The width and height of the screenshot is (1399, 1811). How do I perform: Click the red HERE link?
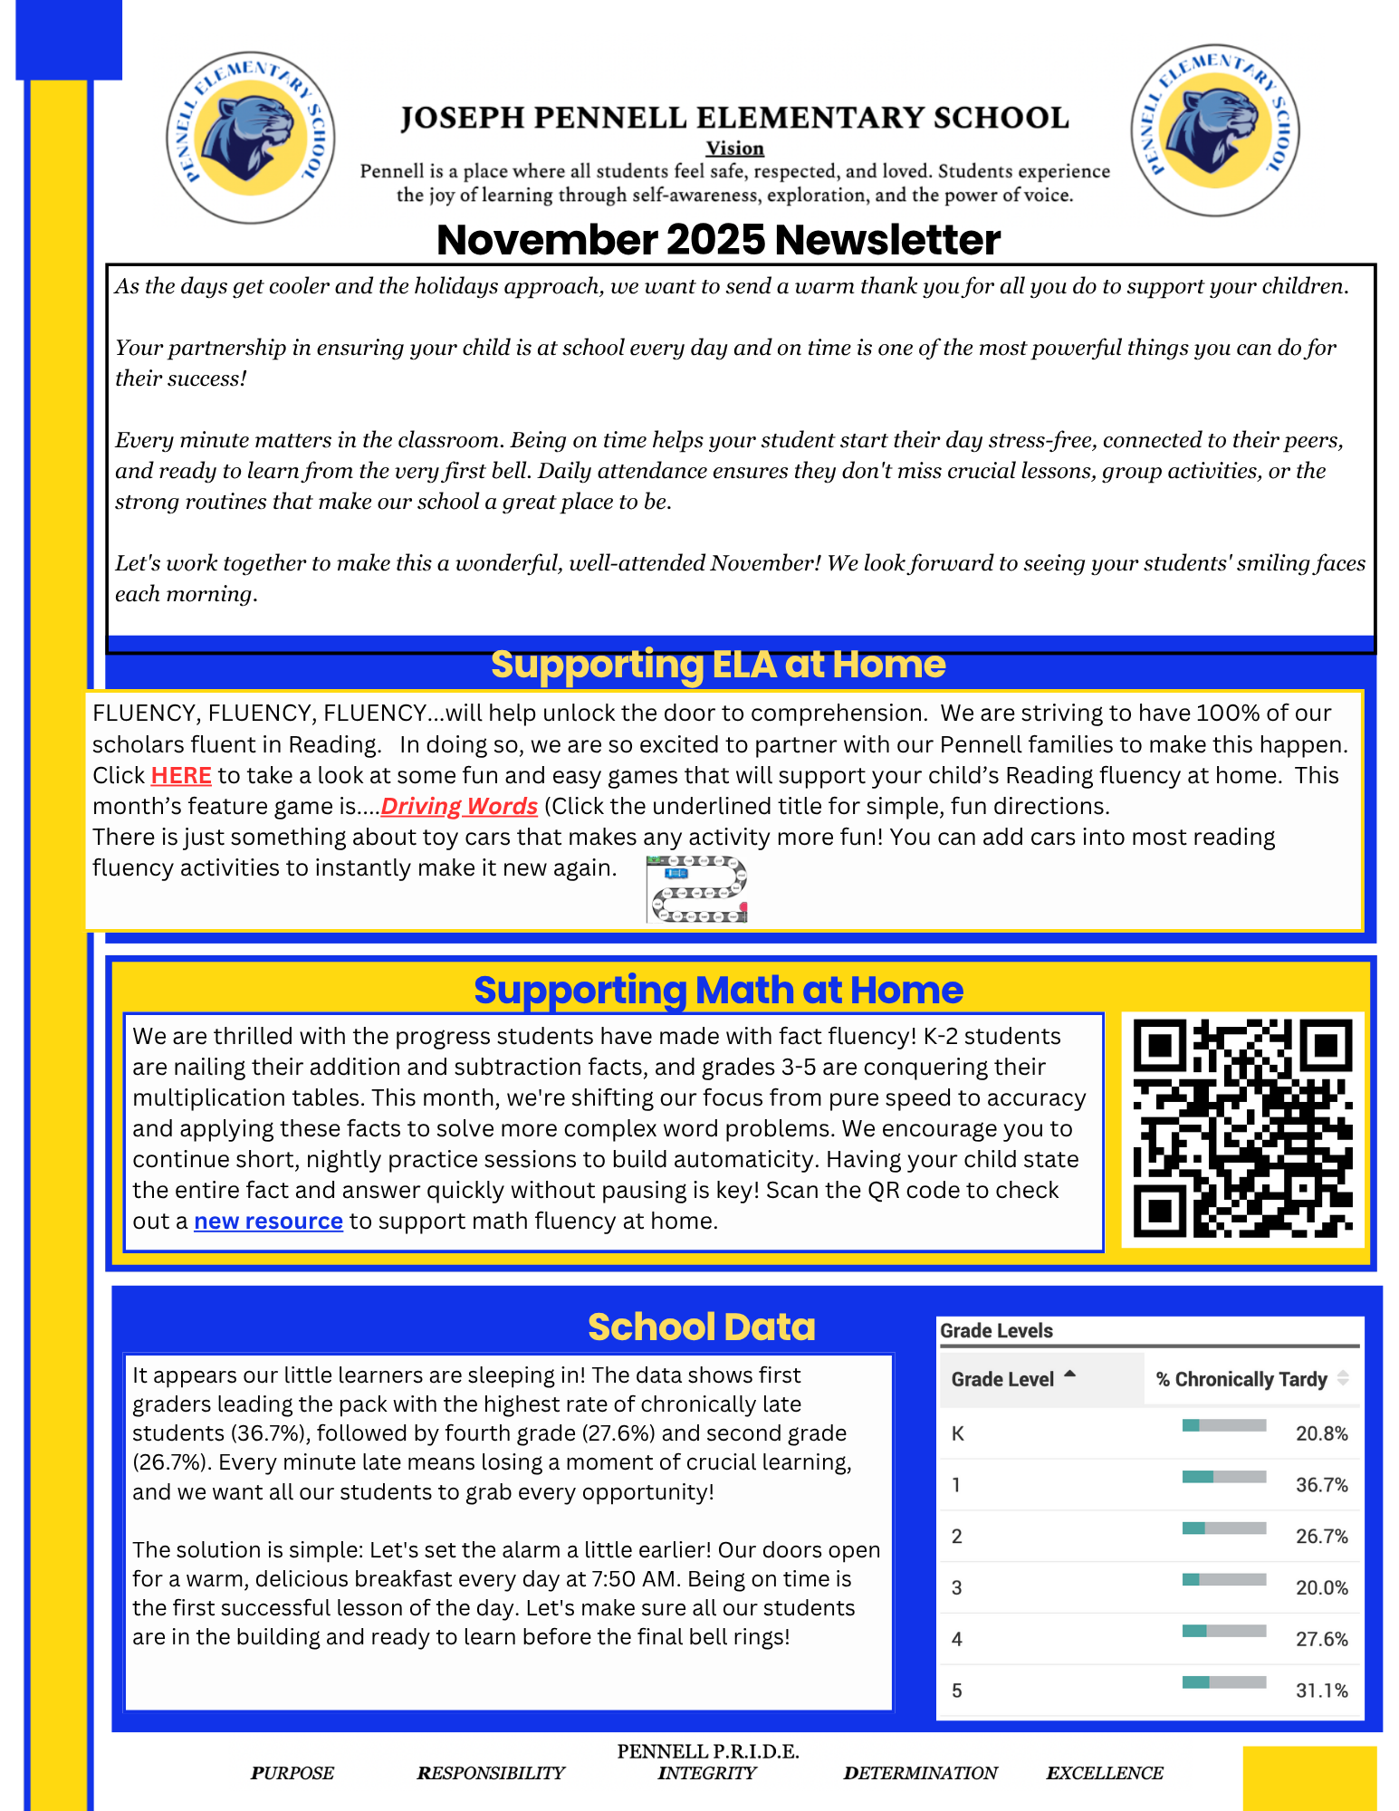(x=181, y=776)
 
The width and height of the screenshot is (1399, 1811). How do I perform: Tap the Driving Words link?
(x=459, y=807)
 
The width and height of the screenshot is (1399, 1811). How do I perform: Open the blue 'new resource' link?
(x=268, y=1222)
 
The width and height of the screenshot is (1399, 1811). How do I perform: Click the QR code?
(x=1242, y=1128)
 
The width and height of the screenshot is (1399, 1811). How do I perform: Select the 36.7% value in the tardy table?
(x=1321, y=1485)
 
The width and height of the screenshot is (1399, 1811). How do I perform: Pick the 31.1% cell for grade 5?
(x=1321, y=1691)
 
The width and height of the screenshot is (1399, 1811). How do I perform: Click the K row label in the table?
(x=958, y=1433)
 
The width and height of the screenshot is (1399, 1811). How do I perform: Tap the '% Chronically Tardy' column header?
(x=1241, y=1379)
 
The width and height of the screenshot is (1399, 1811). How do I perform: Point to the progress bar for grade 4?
(x=1223, y=1631)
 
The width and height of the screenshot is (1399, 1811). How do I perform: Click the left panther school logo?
(x=251, y=137)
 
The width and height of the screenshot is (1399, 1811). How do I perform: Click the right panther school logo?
(x=1214, y=130)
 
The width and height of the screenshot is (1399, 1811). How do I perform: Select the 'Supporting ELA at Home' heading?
(x=718, y=665)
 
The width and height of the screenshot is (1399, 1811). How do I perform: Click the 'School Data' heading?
(x=701, y=1327)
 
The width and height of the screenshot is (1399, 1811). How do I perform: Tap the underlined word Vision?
(x=734, y=149)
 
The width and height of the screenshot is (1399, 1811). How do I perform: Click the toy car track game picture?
(x=697, y=889)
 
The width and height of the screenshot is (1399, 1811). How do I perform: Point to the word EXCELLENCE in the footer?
(x=1104, y=1773)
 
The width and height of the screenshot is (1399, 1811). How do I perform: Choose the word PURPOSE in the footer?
(x=292, y=1773)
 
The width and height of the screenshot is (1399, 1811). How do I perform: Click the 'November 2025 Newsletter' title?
(x=718, y=240)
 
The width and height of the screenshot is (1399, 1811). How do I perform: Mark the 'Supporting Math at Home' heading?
(x=718, y=990)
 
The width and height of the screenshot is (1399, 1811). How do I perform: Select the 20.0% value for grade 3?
(x=1321, y=1588)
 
